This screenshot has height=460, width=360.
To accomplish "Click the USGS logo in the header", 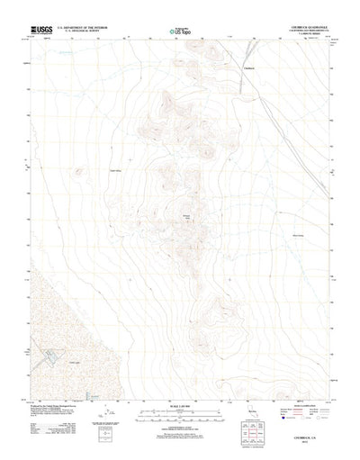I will tap(40, 30).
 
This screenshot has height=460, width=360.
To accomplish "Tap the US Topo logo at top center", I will tap(180, 32).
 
